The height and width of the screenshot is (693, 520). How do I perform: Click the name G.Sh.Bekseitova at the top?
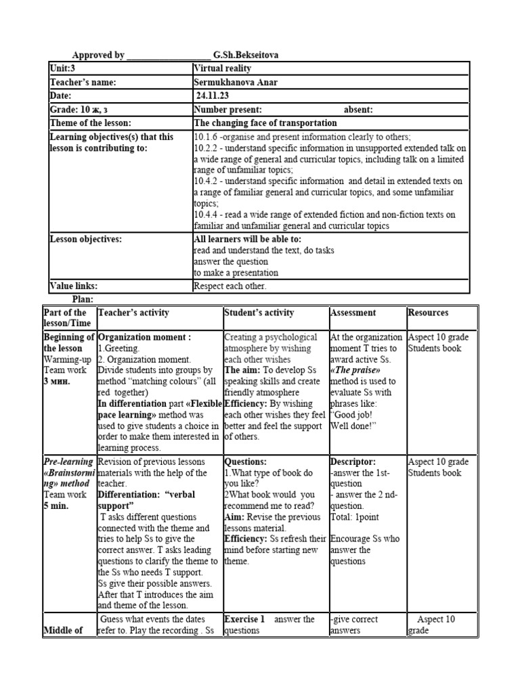(245, 55)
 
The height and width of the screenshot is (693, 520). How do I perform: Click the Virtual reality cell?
(222, 69)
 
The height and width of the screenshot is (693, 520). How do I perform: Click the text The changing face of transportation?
(265, 123)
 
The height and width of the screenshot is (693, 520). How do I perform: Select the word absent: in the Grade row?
(358, 110)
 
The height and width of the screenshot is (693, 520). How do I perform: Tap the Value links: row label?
(74, 286)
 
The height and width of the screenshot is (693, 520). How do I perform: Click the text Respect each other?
(230, 286)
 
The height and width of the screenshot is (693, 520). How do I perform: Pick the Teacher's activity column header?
(133, 313)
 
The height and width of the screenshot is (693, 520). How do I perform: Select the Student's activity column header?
(259, 313)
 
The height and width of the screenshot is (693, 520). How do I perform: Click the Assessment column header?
(352, 313)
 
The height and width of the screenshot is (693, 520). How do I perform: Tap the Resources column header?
(428, 313)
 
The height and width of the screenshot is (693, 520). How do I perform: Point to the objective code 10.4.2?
(206, 181)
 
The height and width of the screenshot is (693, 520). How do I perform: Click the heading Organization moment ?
(144, 337)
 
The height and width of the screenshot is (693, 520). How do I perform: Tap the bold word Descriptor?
(353, 462)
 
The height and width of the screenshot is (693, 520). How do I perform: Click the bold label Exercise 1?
(244, 619)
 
